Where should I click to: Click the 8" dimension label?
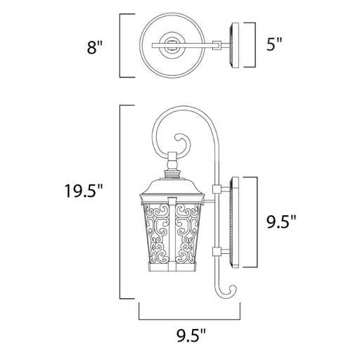(95, 47)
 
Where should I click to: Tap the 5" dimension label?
(274, 44)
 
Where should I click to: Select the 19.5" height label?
(84, 191)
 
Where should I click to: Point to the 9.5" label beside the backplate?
(281, 221)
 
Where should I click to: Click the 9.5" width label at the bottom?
(191, 335)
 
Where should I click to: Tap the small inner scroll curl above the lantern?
(184, 143)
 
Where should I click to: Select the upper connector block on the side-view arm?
(217, 189)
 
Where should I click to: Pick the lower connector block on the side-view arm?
(217, 252)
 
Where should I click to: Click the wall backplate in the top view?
(235, 45)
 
